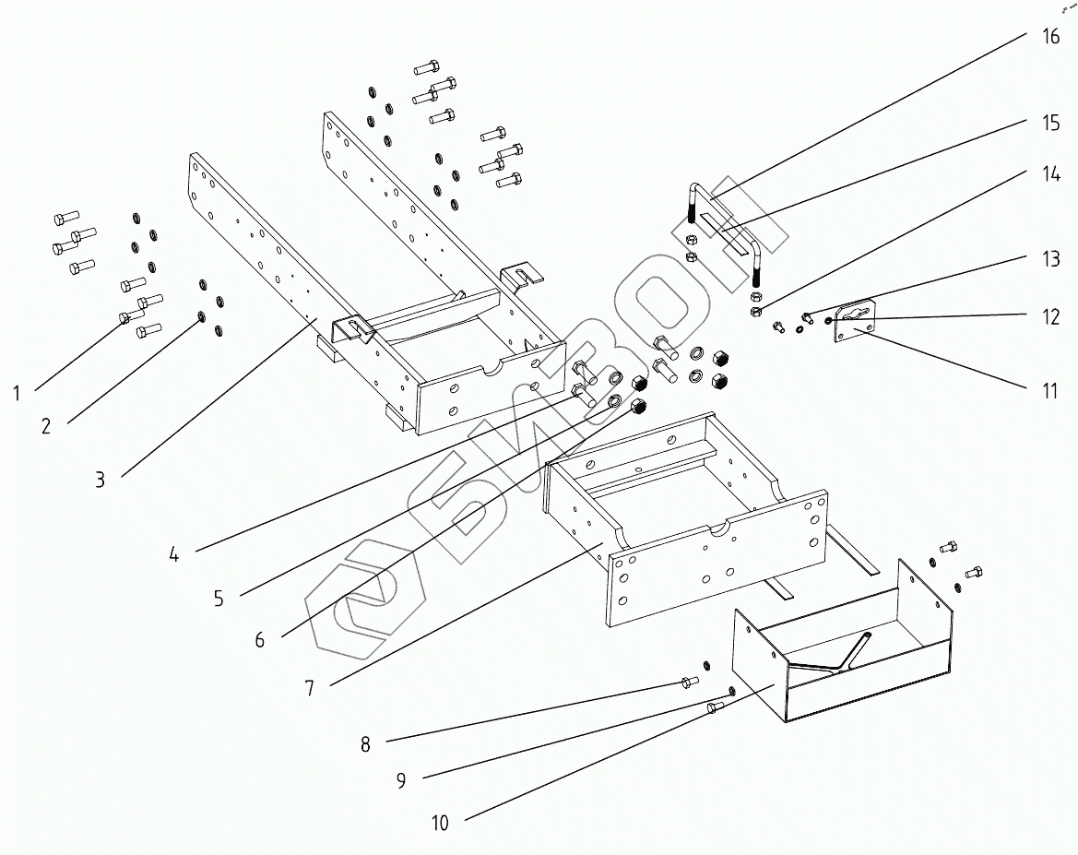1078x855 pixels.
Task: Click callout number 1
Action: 17,394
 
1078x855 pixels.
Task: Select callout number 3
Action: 100,480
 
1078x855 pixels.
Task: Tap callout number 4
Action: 173,555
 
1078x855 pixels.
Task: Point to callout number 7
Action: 310,688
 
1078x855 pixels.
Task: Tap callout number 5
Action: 219,599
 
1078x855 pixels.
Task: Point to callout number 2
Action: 46,425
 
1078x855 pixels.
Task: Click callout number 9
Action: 401,781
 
